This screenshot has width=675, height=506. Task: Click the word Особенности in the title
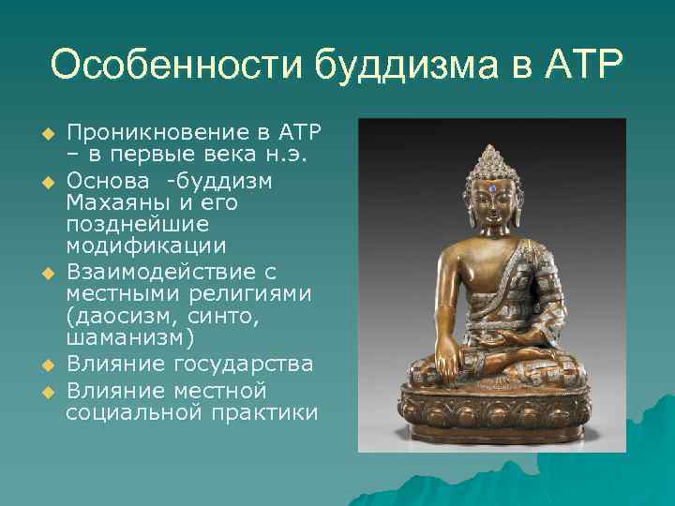(175, 67)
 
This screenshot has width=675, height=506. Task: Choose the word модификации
(145, 247)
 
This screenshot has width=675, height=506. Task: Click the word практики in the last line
(273, 412)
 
